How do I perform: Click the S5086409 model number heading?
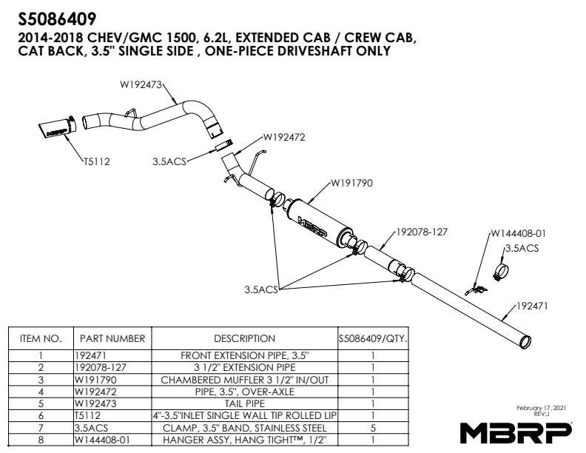(57, 19)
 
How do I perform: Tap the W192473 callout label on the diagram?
(141, 84)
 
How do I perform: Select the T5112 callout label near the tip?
(96, 161)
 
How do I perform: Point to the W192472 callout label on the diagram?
(284, 137)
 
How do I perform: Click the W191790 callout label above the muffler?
(351, 183)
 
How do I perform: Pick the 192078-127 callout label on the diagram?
(422, 232)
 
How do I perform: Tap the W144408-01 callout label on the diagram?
(519, 234)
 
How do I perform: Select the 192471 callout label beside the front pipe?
(532, 306)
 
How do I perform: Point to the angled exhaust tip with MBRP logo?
(57, 127)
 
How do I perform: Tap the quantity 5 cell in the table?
(373, 428)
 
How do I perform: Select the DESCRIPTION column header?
(244, 338)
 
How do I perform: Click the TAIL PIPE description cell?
(244, 403)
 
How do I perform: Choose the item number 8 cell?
(41, 440)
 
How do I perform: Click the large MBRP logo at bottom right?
(516, 432)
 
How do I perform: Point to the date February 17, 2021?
(541, 408)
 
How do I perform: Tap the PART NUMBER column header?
(112, 338)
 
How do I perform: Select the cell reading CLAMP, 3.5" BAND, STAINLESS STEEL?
(244, 428)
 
